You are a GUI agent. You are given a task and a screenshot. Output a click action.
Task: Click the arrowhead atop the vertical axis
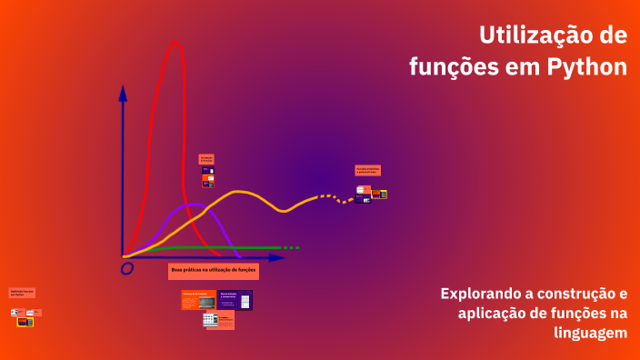point(123,92)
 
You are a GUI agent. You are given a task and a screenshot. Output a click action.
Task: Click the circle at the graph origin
point(127,267)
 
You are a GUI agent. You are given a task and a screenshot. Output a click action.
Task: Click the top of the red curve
point(175,43)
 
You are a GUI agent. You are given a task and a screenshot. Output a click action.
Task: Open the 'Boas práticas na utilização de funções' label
point(214,271)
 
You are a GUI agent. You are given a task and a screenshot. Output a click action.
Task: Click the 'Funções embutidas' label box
point(367,170)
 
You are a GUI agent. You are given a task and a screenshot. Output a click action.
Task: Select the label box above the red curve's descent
point(206,158)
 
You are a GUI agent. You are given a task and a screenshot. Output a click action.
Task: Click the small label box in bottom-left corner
point(22,293)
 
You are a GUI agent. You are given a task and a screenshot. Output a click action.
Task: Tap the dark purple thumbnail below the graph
point(235,300)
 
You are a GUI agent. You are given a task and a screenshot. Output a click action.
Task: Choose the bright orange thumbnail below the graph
point(199,300)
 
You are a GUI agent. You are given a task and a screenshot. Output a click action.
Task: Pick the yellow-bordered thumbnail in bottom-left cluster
point(25,322)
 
